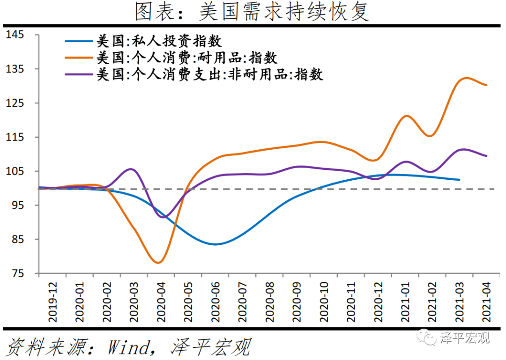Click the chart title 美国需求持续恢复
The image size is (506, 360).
click(x=253, y=12)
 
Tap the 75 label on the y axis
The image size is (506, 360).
click(x=19, y=273)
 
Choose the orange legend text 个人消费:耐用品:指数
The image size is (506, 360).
click(x=187, y=58)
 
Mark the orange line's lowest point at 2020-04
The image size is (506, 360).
click(x=158, y=263)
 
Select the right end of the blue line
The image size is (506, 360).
click(x=459, y=180)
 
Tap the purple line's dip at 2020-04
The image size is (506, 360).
click(x=163, y=217)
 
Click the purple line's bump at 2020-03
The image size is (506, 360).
click(x=131, y=169)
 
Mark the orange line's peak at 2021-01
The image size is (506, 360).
click(x=406, y=116)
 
